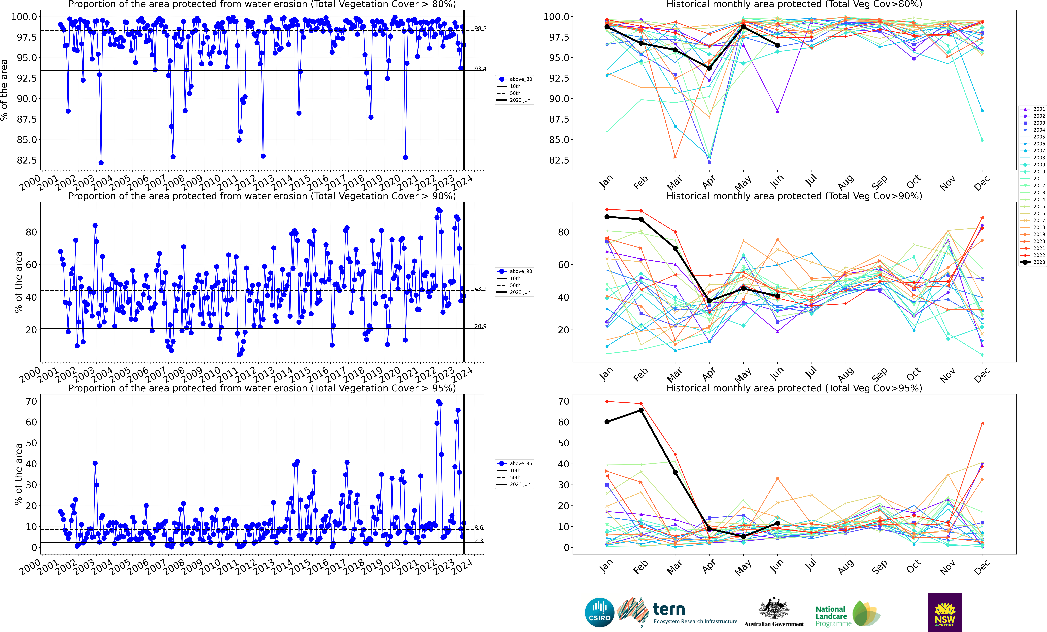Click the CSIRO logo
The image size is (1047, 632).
pyautogui.click(x=599, y=613)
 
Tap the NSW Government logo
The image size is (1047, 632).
pyautogui.click(x=945, y=613)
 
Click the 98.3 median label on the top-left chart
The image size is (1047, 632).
pyautogui.click(x=480, y=28)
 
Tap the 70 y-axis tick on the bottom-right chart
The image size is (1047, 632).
pyautogui.click(x=563, y=401)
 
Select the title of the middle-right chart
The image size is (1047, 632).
pyautogui.click(x=794, y=196)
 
